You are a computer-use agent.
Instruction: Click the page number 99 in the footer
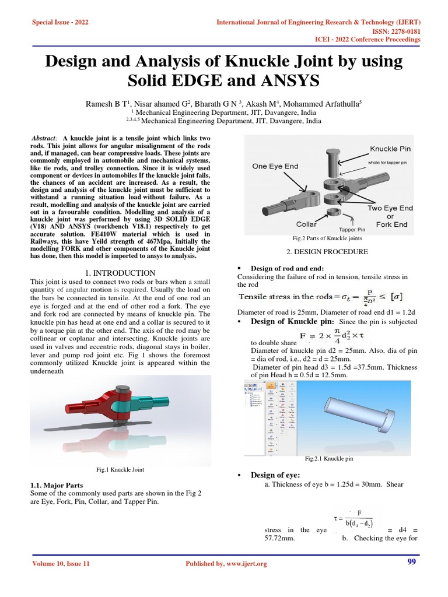pyautogui.click(x=411, y=562)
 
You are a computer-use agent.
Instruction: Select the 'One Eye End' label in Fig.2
pyautogui.click(x=275, y=166)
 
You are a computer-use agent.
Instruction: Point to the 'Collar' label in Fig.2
pyautogui.click(x=306, y=224)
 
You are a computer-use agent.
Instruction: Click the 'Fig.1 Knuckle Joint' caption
pyautogui.click(x=120, y=469)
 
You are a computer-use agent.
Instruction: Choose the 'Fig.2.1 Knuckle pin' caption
pyautogui.click(x=329, y=459)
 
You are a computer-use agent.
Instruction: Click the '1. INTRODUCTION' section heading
pyautogui.click(x=120, y=273)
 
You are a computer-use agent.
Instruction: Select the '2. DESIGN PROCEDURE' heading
pyautogui.click(x=327, y=252)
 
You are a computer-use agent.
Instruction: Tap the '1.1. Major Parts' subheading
pyautogui.click(x=56, y=485)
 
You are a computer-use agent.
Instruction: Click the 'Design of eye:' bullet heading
pyautogui.click(x=275, y=475)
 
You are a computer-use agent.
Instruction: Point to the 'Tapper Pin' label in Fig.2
pyautogui.click(x=351, y=230)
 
